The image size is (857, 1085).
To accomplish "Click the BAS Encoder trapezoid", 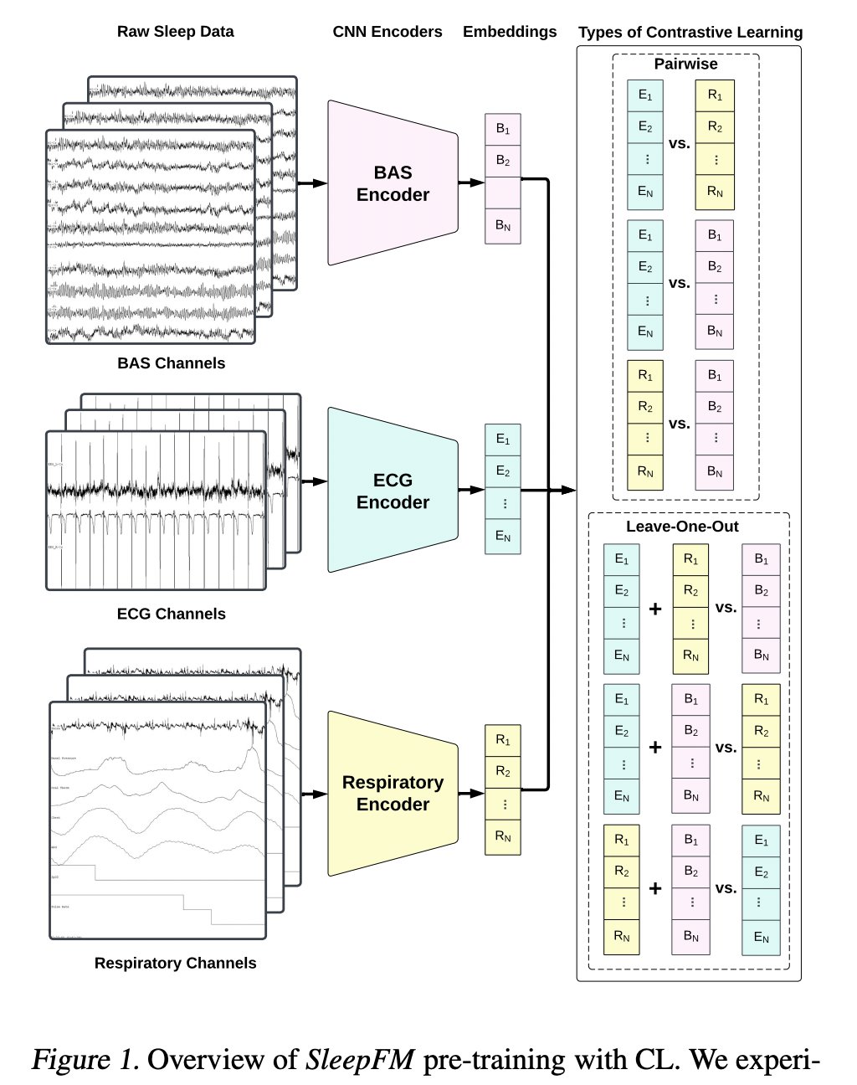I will (x=393, y=183).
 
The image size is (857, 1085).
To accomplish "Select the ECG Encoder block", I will (x=393, y=491).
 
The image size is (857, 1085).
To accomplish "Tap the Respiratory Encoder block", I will (x=393, y=793).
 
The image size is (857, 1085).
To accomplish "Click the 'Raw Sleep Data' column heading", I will (x=175, y=32).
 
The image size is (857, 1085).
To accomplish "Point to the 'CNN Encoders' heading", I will (x=387, y=32).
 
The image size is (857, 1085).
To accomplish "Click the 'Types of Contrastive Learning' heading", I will (x=690, y=33).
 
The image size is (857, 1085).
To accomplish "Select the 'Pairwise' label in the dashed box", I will (x=685, y=64).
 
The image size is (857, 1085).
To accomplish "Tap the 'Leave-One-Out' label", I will (x=682, y=527).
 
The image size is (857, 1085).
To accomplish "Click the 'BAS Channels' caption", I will (x=172, y=363).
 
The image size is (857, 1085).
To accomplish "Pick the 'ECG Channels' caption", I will (x=172, y=614).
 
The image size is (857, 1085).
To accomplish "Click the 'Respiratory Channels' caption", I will (x=175, y=963).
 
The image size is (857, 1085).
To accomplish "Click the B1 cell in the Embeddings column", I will (x=503, y=129).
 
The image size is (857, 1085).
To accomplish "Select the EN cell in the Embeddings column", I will (x=503, y=537).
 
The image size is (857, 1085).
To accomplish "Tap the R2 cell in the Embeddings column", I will (x=503, y=771).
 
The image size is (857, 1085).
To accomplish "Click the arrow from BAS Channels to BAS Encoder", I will (x=311, y=183).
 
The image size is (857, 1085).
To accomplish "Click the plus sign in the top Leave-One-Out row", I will (x=655, y=609).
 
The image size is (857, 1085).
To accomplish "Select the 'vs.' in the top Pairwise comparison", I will (x=680, y=143).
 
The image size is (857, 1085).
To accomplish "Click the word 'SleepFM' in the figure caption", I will (x=360, y=1060).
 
